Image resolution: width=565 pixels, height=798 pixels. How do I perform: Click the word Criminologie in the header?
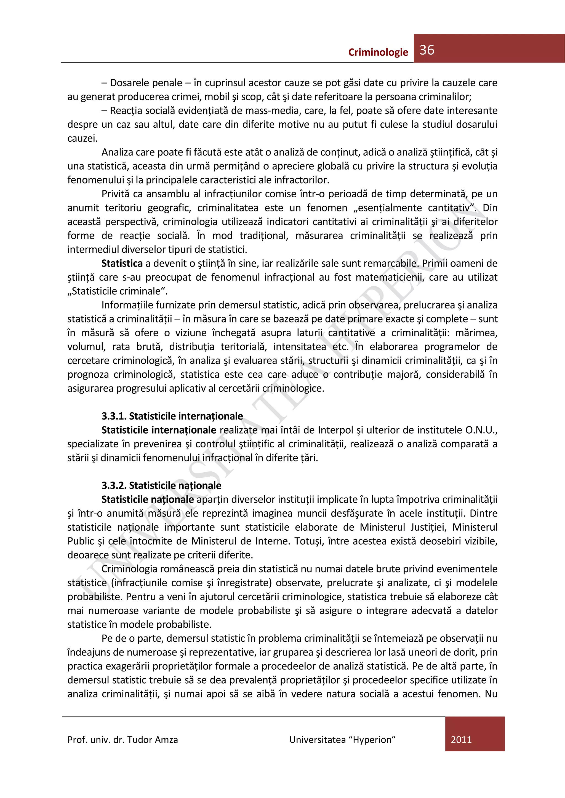[x=378, y=52]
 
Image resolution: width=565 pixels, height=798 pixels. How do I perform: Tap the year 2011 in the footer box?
[x=461, y=739]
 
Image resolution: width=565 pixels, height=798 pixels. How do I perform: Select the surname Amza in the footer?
[x=166, y=740]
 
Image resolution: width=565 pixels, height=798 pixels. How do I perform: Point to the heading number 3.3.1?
[x=114, y=416]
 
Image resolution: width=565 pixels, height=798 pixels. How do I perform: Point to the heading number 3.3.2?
[x=114, y=485]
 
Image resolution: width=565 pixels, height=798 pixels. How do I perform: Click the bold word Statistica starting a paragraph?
[x=122, y=264]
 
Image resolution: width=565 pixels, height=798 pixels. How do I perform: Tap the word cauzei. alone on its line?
[x=82, y=138]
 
